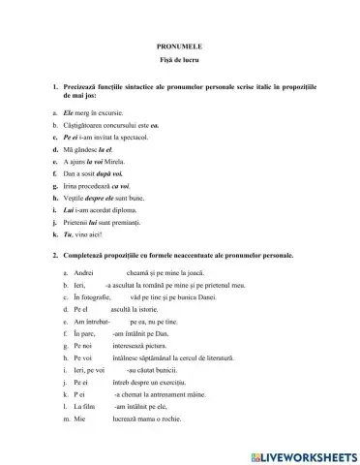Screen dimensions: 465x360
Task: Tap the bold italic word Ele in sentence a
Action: (x=70, y=113)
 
